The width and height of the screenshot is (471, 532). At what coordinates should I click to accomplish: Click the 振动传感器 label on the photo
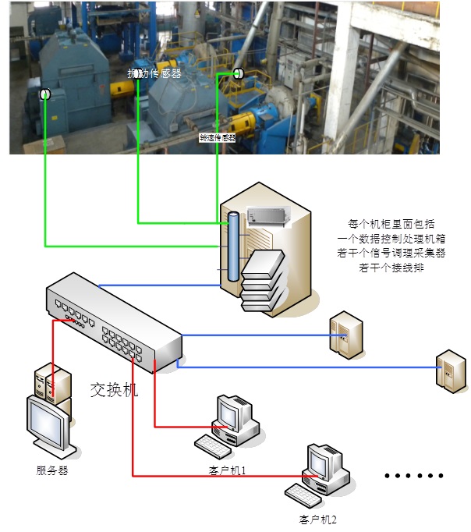[x=156, y=73]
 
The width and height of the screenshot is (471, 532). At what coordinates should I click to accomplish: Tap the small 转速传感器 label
[x=218, y=138]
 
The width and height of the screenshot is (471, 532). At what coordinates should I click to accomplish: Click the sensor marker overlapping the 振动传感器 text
[x=138, y=73]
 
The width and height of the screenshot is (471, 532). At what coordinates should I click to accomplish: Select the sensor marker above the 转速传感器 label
[x=238, y=73]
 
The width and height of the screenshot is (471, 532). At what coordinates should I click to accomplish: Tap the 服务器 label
[x=52, y=470]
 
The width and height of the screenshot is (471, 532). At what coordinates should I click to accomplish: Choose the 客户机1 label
[x=228, y=471]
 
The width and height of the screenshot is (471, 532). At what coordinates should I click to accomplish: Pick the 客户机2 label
[x=317, y=519]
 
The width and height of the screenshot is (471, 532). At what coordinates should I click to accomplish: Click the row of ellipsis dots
[x=415, y=475]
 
